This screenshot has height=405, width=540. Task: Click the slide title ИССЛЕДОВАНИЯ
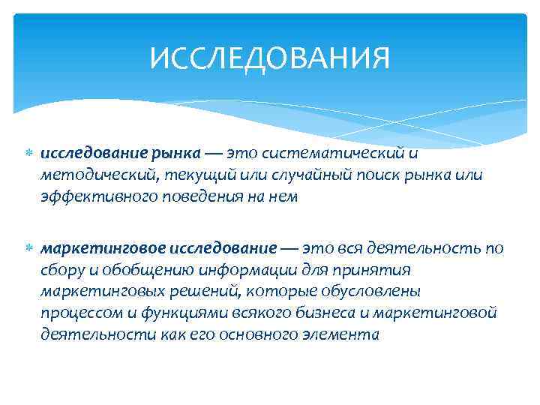click(270, 58)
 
